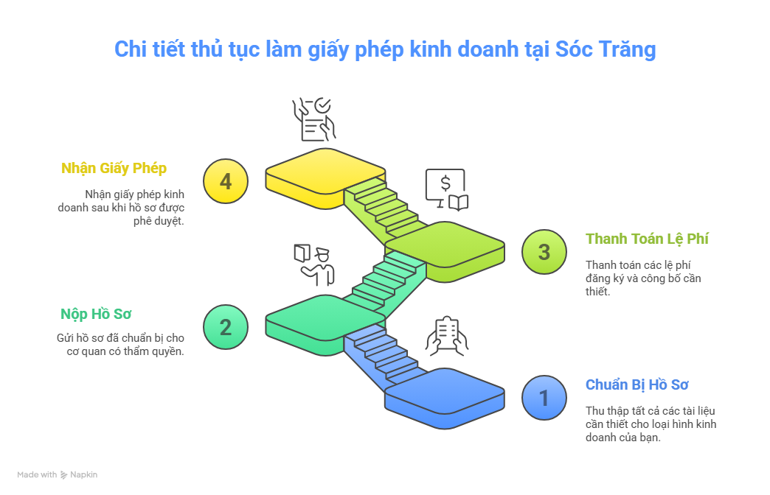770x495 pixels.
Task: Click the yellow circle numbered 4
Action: pos(226,181)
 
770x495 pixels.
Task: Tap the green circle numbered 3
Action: pos(544,252)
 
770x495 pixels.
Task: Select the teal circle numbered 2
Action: pos(226,327)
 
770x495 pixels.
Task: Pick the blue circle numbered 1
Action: pos(544,398)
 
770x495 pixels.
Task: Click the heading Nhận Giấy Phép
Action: pos(114,168)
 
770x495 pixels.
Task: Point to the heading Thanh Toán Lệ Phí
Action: pos(647,239)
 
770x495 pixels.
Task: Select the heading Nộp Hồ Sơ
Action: pos(96,314)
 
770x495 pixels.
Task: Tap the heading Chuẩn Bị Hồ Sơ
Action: pos(637,385)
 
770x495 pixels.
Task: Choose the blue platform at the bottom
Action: pos(445,397)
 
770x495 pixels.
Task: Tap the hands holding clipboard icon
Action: pos(446,336)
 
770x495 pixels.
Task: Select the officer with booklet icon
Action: pos(314,265)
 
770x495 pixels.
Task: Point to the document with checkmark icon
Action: pos(314,119)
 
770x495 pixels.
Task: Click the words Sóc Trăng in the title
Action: pos(606,49)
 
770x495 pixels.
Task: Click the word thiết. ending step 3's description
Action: pos(597,292)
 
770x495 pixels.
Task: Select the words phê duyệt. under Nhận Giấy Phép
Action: pos(159,221)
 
